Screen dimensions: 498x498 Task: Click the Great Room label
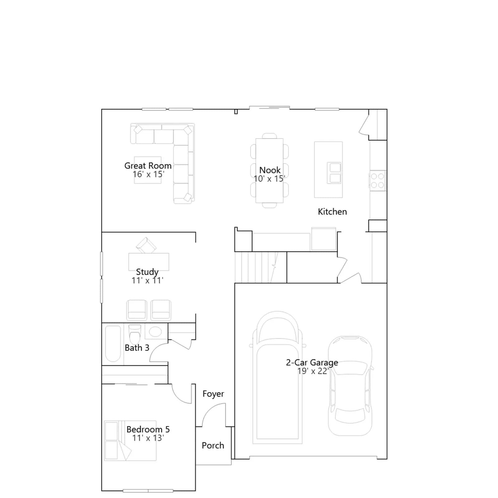(148, 166)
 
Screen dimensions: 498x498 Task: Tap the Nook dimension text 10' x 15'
(269, 179)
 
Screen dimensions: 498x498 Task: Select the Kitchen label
(332, 212)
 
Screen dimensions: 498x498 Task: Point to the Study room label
(147, 272)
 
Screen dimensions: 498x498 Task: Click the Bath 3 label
(137, 348)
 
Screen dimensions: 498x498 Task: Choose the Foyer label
(213, 394)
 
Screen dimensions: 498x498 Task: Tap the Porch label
(213, 445)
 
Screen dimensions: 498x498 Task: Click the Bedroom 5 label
(148, 429)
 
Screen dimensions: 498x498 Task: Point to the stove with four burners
(378, 181)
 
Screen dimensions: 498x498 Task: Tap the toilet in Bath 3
(135, 334)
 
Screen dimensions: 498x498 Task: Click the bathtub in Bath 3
(113, 344)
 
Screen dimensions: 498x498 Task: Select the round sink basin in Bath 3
(155, 331)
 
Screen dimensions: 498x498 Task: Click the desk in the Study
(149, 261)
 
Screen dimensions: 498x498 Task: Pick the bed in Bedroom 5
(130, 440)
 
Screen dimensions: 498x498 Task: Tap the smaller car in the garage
(350, 386)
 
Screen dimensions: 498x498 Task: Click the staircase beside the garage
(261, 267)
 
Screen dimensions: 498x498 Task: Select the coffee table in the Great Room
(148, 170)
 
